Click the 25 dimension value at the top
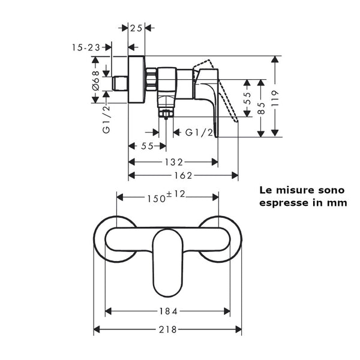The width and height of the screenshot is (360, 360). [x=137, y=28]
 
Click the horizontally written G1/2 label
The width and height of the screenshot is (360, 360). [x=199, y=131]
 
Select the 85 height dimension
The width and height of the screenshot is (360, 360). [x=262, y=109]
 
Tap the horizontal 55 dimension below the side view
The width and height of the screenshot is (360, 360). [x=142, y=146]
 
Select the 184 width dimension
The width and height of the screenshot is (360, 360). [x=169, y=311]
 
